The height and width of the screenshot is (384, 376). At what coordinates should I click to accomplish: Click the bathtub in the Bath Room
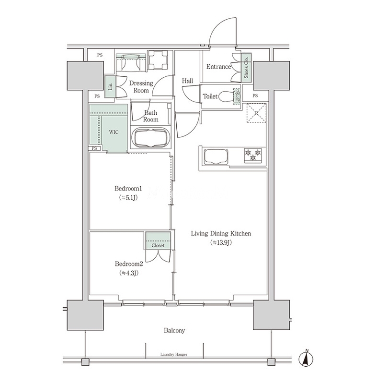click(150, 137)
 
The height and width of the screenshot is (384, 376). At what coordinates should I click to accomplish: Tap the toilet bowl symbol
click(227, 96)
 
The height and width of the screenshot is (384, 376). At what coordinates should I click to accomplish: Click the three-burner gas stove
click(253, 156)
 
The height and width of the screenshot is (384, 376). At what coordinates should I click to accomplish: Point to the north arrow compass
click(306, 359)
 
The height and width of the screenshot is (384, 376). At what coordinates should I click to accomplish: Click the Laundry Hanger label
click(174, 354)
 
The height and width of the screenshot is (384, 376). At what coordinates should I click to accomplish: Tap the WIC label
click(114, 132)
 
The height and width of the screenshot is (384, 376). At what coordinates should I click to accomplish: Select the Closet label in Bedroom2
click(158, 245)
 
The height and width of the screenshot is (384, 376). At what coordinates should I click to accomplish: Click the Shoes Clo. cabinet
click(246, 66)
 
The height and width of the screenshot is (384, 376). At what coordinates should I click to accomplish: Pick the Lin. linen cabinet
click(110, 86)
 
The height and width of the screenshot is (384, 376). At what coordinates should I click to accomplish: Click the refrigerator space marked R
click(256, 113)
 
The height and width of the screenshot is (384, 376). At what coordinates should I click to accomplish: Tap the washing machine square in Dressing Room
click(158, 60)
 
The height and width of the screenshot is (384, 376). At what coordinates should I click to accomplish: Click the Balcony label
click(174, 331)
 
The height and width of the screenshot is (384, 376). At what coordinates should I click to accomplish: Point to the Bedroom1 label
click(128, 189)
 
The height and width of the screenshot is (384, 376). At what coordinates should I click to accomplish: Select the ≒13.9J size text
click(221, 242)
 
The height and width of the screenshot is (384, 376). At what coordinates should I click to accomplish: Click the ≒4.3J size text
click(129, 273)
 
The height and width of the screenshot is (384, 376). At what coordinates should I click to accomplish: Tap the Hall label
click(187, 81)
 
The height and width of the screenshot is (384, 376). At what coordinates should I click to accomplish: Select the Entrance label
click(218, 67)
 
